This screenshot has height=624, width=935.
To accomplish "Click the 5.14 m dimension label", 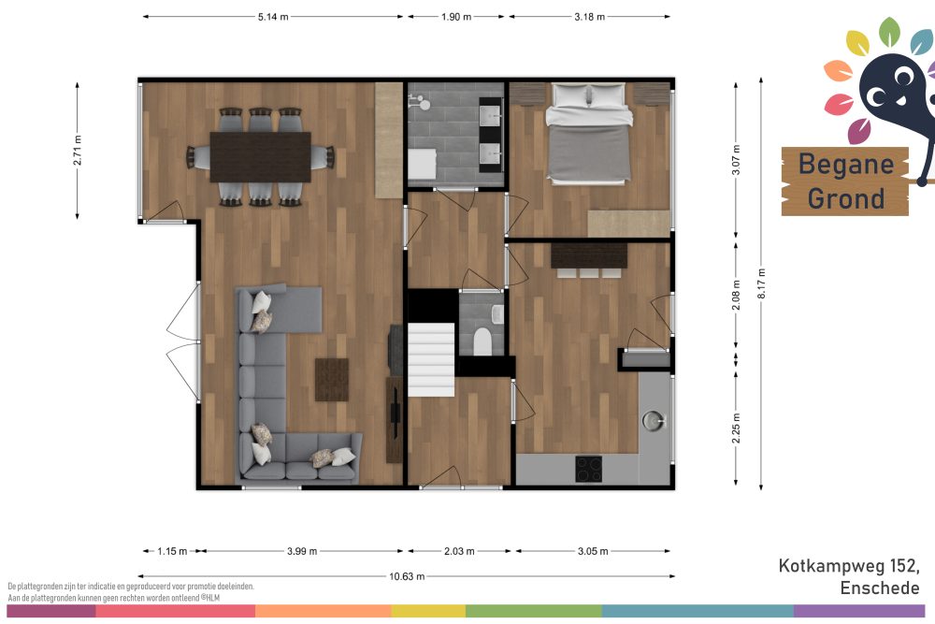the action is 273,17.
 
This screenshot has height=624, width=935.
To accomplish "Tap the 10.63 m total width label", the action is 407,576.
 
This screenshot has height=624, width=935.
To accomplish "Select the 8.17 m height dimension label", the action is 761,284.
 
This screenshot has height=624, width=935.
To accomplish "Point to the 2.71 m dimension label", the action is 78,151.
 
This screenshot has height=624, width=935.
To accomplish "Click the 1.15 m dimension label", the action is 172,551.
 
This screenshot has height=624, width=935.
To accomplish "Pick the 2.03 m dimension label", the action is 459,551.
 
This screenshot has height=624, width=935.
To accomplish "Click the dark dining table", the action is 261,157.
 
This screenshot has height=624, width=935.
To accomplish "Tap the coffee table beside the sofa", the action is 332,380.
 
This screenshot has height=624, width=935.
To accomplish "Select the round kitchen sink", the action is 654,421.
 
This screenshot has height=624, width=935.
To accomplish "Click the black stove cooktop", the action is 588,469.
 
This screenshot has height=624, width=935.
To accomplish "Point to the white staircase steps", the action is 431,360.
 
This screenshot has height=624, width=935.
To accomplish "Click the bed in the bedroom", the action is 589,133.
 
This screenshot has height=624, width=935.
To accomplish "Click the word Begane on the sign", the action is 845,164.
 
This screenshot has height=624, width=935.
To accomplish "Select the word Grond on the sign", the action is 845,198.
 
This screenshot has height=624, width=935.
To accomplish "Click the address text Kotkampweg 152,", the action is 849,565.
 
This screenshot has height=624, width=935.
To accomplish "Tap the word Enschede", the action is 880,588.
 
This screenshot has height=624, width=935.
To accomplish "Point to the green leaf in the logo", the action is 889,32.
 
